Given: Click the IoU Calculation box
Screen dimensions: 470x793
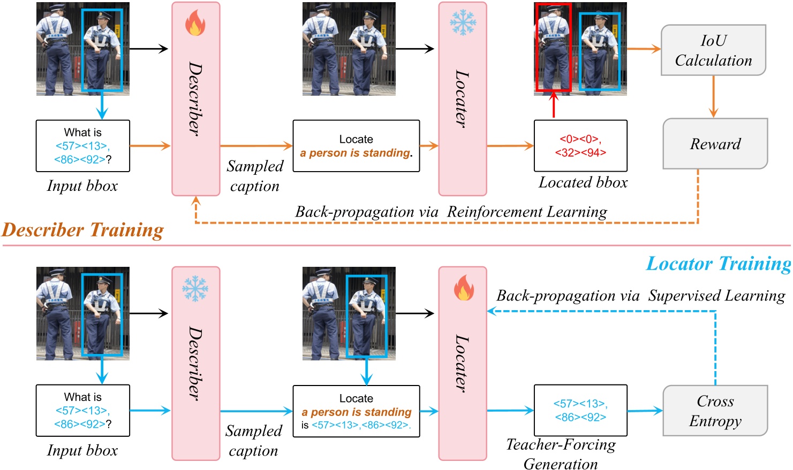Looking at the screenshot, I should [713, 50].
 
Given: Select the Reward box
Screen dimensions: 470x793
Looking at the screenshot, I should [715, 144].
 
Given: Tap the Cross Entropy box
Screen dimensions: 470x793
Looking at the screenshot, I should [715, 411].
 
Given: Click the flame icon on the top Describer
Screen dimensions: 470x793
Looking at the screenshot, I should [195, 24].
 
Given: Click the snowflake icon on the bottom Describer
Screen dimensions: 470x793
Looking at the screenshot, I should [195, 289].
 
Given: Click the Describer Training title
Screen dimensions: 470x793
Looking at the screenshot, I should [83, 230].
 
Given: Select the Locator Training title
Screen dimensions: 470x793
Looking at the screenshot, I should [718, 264].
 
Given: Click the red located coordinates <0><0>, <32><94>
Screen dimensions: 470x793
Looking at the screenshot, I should [580, 146].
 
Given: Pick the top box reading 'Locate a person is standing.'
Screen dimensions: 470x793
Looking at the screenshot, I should [356, 146].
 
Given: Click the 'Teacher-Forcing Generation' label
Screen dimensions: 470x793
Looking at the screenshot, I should [561, 454].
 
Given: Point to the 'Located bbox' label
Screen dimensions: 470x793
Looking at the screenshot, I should [583, 183].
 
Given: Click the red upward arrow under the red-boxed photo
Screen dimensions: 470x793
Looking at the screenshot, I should [554, 105].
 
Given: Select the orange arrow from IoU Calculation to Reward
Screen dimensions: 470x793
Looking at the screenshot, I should [713, 96].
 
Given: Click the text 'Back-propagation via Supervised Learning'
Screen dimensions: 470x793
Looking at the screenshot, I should [640, 296].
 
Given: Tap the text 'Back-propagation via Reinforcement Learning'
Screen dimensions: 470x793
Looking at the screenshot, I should [451, 212].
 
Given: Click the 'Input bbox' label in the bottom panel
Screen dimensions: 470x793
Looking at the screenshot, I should [82, 450].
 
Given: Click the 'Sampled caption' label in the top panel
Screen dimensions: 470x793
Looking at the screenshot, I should [255, 176].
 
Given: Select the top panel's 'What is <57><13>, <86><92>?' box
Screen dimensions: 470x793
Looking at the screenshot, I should [82, 146].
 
